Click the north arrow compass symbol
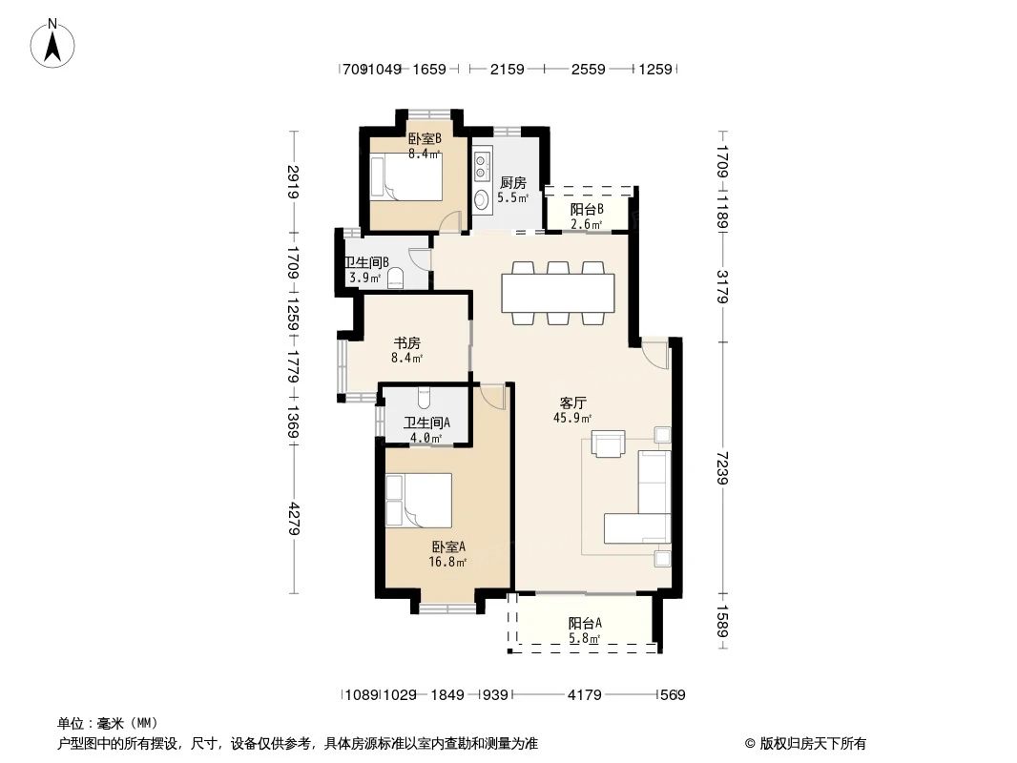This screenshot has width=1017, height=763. [55, 43]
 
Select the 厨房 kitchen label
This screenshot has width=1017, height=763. [512, 183]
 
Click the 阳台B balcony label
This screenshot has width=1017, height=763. [586, 211]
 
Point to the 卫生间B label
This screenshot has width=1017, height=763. [365, 263]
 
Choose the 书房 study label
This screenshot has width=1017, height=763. [407, 343]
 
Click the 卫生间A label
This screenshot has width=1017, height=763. [425, 423]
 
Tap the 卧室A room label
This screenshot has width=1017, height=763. [447, 547]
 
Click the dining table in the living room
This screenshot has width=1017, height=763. [558, 294]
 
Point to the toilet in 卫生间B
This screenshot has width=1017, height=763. [396, 278]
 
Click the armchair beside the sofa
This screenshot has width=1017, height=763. [609, 444]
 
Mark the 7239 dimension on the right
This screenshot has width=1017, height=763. [722, 469]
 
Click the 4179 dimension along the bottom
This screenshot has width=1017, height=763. [584, 695]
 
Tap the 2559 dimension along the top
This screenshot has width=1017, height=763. [588, 69]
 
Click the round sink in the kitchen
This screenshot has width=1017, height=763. [481, 198]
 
